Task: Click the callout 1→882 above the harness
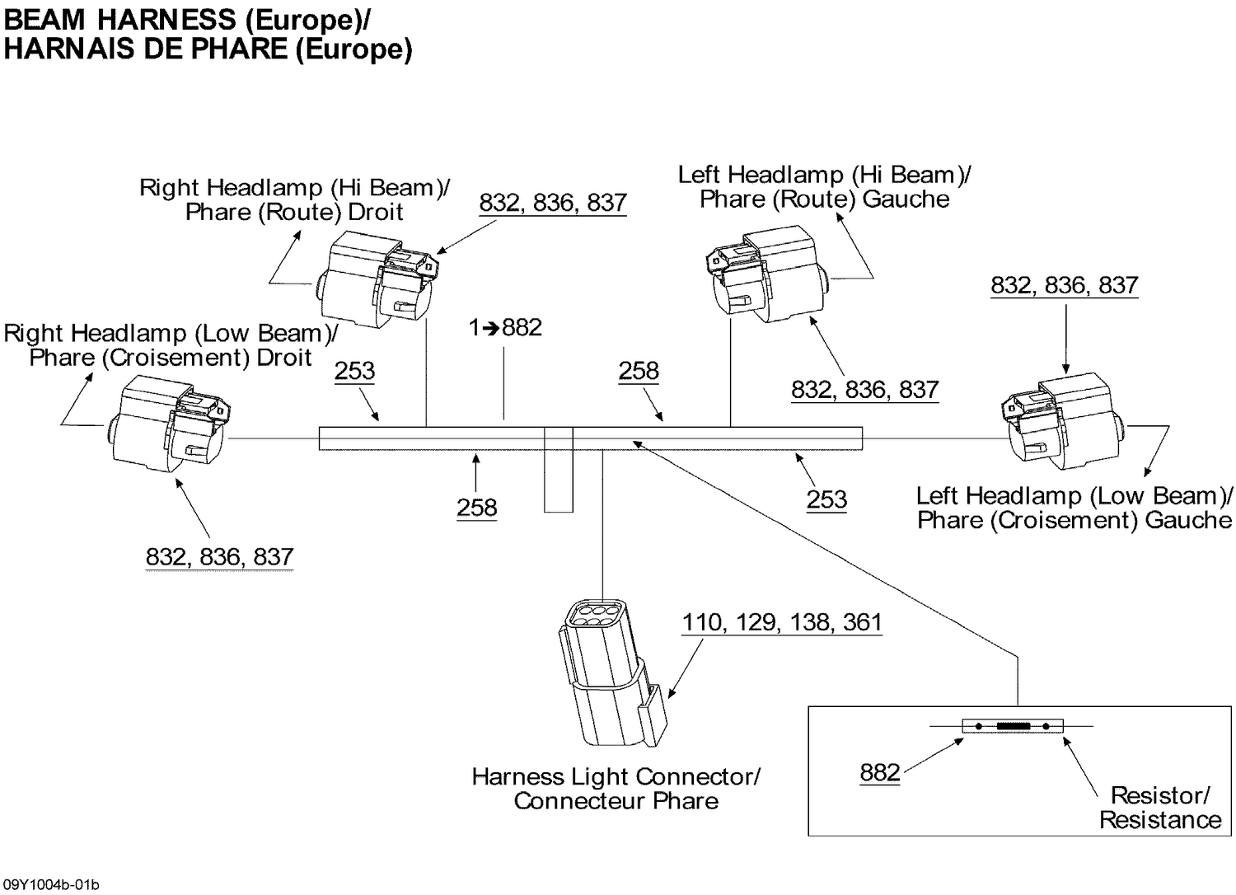tap(505, 328)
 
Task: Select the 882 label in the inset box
tap(879, 772)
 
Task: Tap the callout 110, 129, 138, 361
tap(781, 622)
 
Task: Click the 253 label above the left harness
tap(354, 371)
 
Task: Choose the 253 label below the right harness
tap(826, 499)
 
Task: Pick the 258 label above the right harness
tap(639, 371)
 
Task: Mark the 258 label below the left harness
tap(477, 507)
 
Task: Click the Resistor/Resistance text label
tap(1159, 808)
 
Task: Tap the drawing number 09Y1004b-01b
tap(50, 885)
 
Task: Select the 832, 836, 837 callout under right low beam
tap(219, 557)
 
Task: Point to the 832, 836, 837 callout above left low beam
tap(1064, 285)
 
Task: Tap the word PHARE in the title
tap(238, 49)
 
